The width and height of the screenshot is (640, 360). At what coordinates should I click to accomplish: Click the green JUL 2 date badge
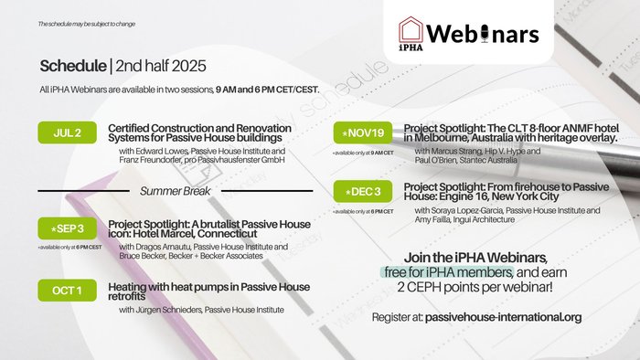pyautogui.click(x=68, y=132)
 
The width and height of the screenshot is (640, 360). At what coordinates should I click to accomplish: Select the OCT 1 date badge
pyautogui.click(x=68, y=291)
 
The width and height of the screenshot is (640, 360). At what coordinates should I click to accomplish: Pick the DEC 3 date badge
pyautogui.click(x=363, y=193)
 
